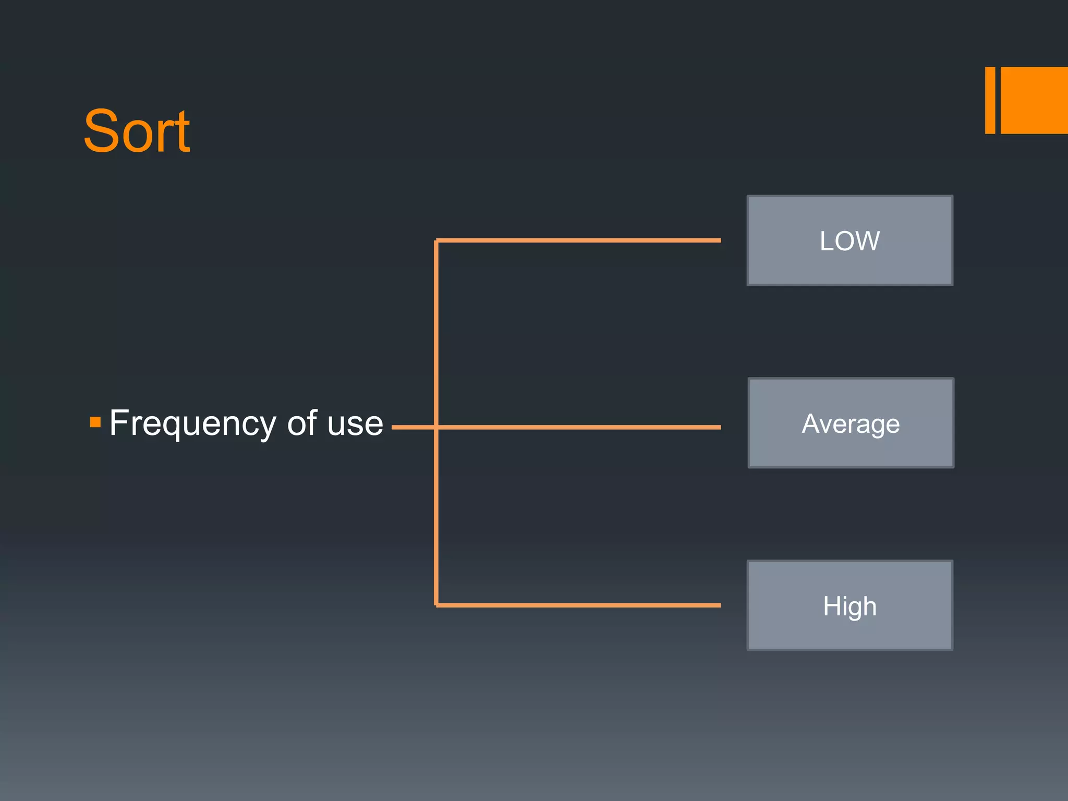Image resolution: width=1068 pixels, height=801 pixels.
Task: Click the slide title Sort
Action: pos(137,131)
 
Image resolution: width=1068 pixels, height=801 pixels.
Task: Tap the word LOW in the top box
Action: pos(849,241)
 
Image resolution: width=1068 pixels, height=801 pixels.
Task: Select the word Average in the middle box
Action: pos(851,423)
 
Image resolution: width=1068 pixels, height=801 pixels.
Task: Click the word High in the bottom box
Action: pos(849,606)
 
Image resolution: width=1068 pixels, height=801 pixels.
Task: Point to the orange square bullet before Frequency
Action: pos(95,422)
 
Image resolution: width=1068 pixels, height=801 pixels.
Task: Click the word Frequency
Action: pos(192,423)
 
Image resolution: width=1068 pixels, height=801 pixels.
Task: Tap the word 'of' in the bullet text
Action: pos(302,423)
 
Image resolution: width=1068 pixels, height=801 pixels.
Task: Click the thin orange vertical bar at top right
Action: pos(990,100)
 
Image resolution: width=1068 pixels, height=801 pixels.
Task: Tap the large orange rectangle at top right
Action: pos(1034,100)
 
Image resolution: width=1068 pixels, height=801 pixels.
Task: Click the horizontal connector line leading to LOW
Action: pos(579,240)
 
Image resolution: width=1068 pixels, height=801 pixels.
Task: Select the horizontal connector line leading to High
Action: pos(579,605)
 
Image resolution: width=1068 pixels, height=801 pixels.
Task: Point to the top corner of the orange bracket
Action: pos(436,241)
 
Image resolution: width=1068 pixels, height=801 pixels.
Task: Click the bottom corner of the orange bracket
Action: pos(436,605)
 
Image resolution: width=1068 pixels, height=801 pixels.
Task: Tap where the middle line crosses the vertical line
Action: pos(436,427)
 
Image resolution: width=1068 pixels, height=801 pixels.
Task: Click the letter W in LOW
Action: pos(868,241)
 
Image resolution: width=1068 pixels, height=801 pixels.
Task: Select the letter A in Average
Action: pos(811,423)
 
